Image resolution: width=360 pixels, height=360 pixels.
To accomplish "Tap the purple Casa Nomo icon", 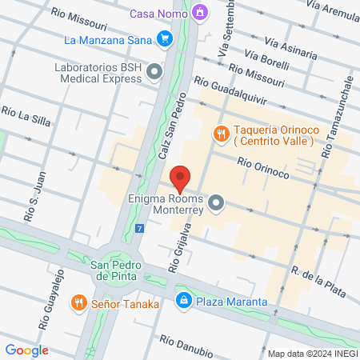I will point(199,13).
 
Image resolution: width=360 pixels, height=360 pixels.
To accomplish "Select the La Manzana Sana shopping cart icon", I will point(165,38).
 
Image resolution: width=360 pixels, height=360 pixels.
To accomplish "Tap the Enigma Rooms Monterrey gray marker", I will point(215,205).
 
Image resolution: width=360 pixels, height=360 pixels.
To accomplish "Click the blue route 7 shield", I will point(140,228).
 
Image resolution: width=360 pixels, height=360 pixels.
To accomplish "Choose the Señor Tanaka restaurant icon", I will point(78,302).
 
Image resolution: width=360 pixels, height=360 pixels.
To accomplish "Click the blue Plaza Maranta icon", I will point(184,301).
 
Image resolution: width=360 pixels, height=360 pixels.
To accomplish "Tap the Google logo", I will point(27,350).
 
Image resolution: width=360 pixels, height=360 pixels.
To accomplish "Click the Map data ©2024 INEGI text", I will point(311,353).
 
